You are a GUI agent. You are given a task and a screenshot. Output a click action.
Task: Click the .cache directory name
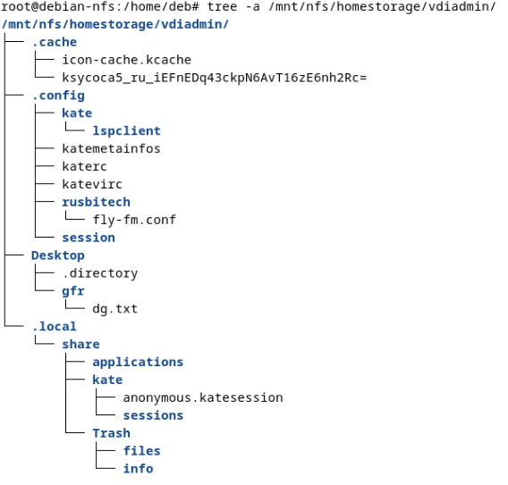[55, 42]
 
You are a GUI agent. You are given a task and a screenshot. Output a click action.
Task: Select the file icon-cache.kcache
[127, 60]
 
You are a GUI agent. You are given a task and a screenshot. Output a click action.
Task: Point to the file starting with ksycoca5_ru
[215, 78]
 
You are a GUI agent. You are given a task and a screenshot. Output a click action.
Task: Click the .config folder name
[58, 96]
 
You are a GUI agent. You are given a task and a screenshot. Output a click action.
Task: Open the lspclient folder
[127, 131]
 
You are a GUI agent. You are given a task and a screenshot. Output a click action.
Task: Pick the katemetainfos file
[111, 149]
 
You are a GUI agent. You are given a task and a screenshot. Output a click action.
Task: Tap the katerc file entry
[84, 167]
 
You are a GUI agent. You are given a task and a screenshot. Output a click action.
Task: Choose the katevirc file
[92, 184]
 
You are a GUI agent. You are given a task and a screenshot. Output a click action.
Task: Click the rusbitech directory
[97, 202]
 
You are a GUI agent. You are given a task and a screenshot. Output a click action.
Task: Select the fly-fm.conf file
[134, 220]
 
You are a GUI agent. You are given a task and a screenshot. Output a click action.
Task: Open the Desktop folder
[58, 255]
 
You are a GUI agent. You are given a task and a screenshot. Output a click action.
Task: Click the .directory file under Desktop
[100, 273]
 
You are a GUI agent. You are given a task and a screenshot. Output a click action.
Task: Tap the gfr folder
[73, 291]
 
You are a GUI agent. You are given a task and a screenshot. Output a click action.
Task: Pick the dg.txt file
[115, 309]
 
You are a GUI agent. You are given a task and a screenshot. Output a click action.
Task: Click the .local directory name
[55, 327]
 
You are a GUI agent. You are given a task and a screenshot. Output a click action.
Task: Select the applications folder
[138, 362]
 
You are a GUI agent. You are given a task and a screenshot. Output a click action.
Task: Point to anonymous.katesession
[203, 397]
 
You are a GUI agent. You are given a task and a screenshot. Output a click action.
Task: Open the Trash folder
[112, 433]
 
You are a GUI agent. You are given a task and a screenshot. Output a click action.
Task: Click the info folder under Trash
[139, 469]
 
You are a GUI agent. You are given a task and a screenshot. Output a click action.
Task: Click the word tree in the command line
[222, 6]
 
